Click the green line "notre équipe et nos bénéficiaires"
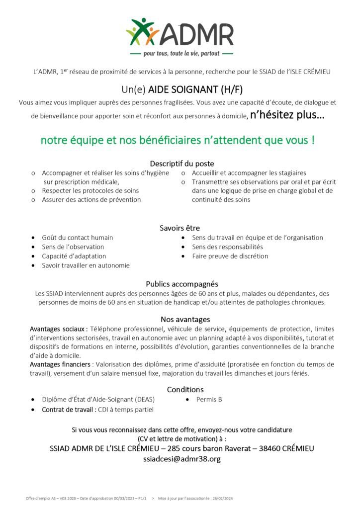coord(178,140)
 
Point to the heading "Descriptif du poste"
coord(182,163)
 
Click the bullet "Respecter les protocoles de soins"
coord(90,190)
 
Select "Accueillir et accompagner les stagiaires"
coord(249,173)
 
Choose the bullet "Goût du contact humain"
coord(77,238)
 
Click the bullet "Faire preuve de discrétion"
coord(230,256)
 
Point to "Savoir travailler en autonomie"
coord(86,265)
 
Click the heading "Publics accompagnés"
coord(182,284)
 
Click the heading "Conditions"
coord(185,389)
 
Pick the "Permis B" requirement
coord(209,399)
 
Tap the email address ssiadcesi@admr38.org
coord(181,459)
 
